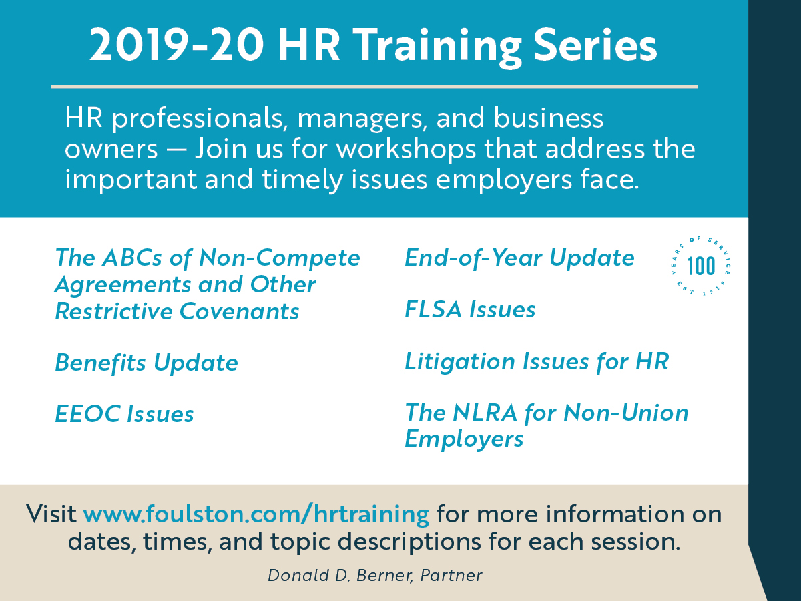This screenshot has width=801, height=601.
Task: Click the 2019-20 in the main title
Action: (x=177, y=45)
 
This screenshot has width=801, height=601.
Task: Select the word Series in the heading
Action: (x=595, y=45)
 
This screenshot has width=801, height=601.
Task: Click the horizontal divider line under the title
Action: (x=374, y=87)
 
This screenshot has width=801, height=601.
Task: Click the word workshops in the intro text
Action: (x=406, y=150)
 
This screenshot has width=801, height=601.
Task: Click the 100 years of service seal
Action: (x=701, y=266)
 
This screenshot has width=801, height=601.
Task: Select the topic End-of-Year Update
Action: (x=519, y=258)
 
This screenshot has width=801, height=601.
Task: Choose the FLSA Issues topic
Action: (x=470, y=309)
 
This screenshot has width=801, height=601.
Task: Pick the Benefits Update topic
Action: (x=146, y=363)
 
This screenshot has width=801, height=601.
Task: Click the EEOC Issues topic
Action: (x=124, y=414)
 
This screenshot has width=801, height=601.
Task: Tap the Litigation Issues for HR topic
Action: (x=537, y=362)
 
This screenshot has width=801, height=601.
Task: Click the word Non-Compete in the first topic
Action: (x=280, y=258)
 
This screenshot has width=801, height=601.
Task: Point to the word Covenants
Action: (x=239, y=311)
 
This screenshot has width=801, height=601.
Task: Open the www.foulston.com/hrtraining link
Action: (x=256, y=514)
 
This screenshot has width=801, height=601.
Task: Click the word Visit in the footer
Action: (x=51, y=514)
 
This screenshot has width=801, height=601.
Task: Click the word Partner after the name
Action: (x=451, y=576)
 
